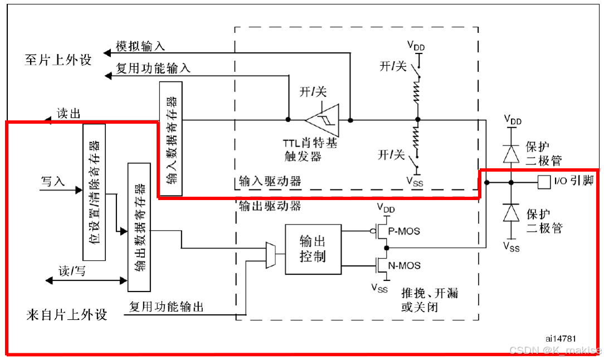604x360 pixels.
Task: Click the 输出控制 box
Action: [313, 249]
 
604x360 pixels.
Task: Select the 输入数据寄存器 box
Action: [171, 139]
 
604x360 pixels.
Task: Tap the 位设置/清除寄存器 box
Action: [94, 192]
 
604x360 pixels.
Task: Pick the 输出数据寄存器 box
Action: [139, 227]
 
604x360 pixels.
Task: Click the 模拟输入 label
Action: [140, 46]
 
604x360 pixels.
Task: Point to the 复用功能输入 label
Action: [153, 68]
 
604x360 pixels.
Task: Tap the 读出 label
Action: [69, 114]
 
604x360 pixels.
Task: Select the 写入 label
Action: [52, 181]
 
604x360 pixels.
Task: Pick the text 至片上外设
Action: [58, 60]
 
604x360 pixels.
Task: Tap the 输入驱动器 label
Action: [270, 181]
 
